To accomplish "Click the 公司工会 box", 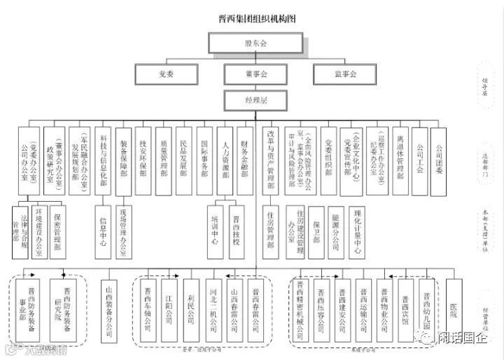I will click(420, 155).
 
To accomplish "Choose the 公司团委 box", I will click(440, 155).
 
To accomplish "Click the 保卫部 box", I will click(316, 228).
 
